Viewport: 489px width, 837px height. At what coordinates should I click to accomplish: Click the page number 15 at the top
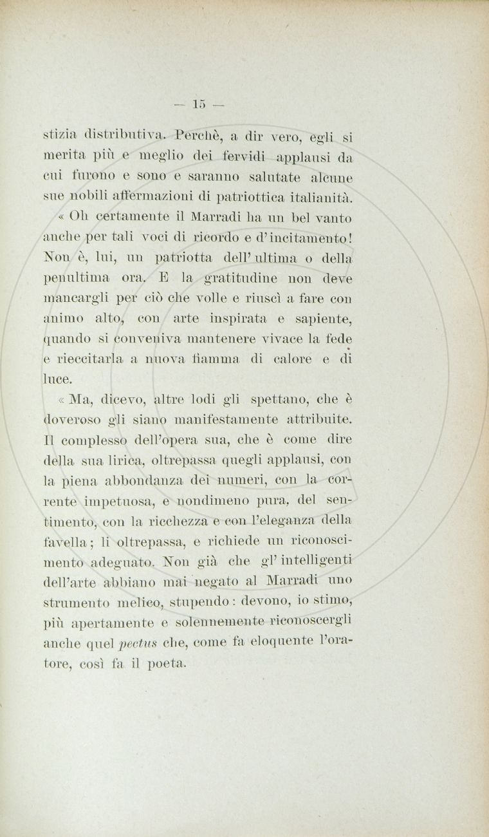[199, 103]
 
